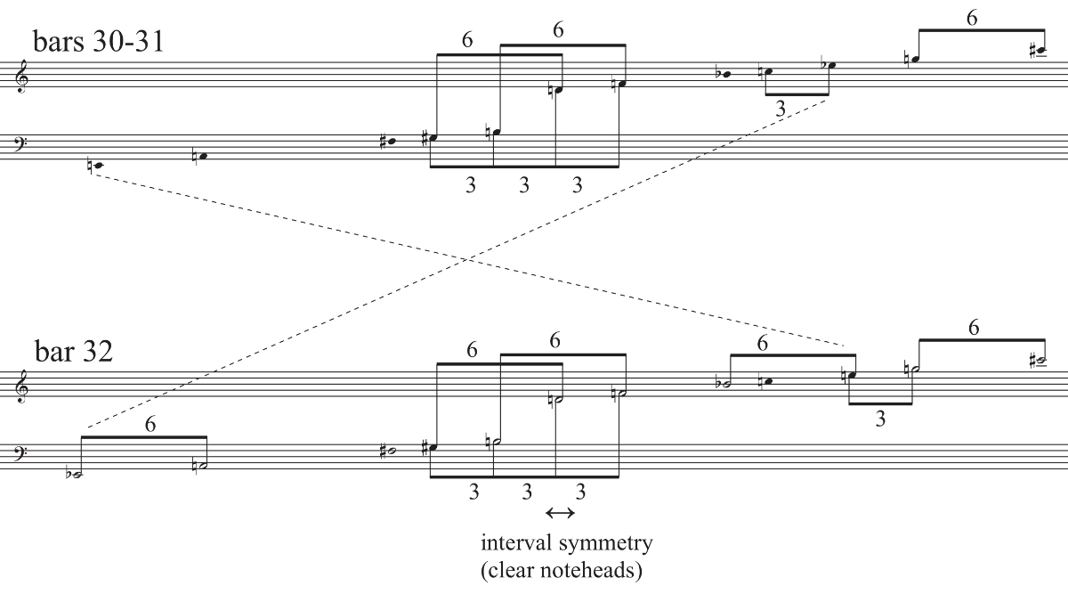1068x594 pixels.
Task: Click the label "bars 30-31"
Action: (x=99, y=41)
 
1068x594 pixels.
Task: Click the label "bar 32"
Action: (x=74, y=352)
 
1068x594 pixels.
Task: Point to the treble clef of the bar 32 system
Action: (x=22, y=386)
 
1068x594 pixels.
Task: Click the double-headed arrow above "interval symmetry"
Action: (x=560, y=512)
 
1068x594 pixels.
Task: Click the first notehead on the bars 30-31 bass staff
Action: (x=98, y=166)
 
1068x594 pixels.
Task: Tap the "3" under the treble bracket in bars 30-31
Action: (x=781, y=109)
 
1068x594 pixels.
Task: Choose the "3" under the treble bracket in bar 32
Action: (x=880, y=419)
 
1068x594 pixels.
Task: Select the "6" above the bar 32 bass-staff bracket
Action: (x=150, y=425)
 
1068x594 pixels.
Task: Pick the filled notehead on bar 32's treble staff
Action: (x=768, y=382)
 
